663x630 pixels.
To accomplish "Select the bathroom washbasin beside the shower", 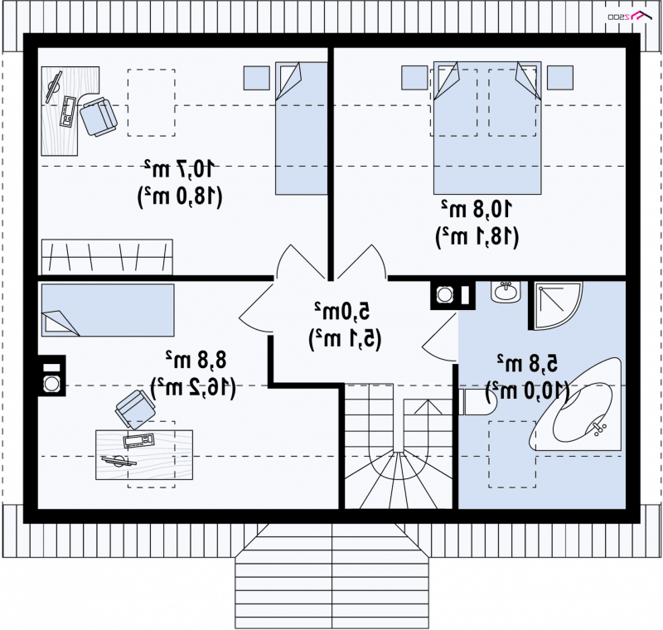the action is click(x=506, y=292).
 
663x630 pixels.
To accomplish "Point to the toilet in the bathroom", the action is click(x=477, y=402).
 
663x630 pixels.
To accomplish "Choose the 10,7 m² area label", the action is click(x=179, y=169).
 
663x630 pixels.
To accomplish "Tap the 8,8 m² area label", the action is click(x=196, y=361).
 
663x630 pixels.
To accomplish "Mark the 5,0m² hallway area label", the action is click(x=341, y=311).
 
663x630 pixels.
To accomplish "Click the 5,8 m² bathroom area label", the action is click(x=527, y=363).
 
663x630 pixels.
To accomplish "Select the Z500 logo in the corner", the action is click(x=630, y=16).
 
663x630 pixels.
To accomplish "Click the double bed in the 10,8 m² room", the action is click(x=487, y=128).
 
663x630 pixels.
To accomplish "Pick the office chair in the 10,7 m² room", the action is click(x=99, y=117).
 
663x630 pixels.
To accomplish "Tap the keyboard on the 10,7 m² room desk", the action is click(x=68, y=112).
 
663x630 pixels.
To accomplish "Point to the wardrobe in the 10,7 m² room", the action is click(x=107, y=257).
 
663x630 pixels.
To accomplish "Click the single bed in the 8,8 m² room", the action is click(x=108, y=310).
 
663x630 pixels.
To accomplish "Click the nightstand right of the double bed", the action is click(x=560, y=77).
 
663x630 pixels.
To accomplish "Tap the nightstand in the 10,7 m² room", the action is click(x=257, y=78).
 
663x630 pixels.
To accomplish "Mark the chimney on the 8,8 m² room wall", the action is click(x=51, y=376).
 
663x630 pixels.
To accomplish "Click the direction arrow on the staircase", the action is click(x=428, y=407).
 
